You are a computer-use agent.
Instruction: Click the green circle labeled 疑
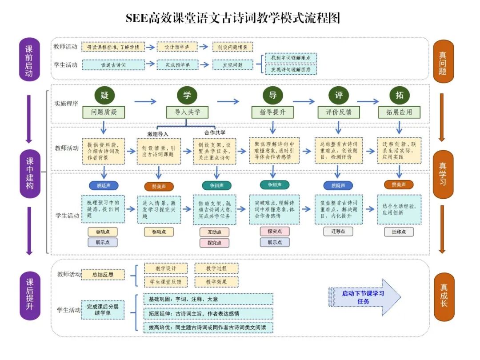pyautogui.click(x=104, y=95)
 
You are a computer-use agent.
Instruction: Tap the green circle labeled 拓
pyautogui.click(x=399, y=95)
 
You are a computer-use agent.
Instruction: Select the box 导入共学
pyautogui.click(x=187, y=112)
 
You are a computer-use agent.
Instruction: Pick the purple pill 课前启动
pyautogui.click(x=29, y=60)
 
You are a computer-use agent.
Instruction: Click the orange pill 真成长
pyautogui.click(x=443, y=296)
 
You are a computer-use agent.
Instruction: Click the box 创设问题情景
pyautogui.click(x=232, y=47)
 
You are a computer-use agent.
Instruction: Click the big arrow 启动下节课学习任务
pyautogui.click(x=364, y=297)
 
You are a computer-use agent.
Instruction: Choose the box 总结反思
pyautogui.click(x=103, y=275)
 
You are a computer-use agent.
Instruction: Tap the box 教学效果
pyautogui.click(x=216, y=282)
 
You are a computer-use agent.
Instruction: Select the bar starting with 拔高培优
pyautogui.click(x=208, y=328)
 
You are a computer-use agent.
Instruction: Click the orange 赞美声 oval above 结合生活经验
pyautogui.click(x=398, y=184)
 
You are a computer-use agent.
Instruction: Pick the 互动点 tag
pyautogui.click(x=215, y=232)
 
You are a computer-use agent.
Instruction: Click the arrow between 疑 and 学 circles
pyautogui.click(x=145, y=102)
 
